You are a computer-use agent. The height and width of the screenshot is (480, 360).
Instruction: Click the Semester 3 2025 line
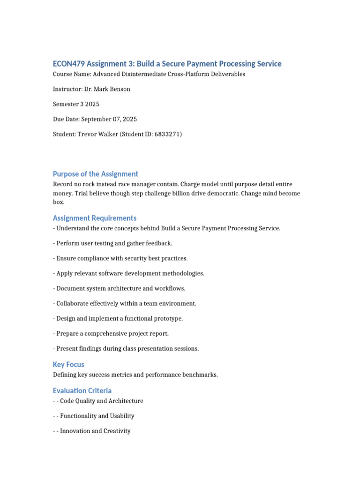click(x=76, y=104)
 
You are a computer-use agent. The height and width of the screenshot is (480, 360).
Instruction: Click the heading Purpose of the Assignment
click(x=96, y=174)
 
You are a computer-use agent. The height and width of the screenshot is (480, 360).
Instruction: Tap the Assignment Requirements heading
click(x=95, y=218)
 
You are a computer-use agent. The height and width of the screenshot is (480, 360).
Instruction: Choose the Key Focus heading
click(x=68, y=364)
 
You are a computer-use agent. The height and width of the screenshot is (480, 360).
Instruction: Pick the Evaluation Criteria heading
click(x=82, y=390)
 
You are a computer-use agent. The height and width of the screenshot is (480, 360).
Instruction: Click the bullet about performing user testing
click(x=112, y=243)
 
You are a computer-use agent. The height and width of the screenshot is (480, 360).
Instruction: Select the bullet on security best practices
click(x=120, y=258)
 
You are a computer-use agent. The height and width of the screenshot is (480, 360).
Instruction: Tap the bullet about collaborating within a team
click(x=125, y=303)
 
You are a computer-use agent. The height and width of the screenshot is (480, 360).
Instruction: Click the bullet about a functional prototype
click(x=118, y=318)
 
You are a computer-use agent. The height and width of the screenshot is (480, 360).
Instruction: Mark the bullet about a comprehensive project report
click(x=111, y=333)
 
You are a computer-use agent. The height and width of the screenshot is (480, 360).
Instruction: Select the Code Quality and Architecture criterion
click(x=101, y=401)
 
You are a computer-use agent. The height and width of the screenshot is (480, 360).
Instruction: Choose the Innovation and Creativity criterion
click(x=95, y=431)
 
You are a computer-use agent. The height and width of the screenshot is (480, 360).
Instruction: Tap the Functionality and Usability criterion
click(x=97, y=416)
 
